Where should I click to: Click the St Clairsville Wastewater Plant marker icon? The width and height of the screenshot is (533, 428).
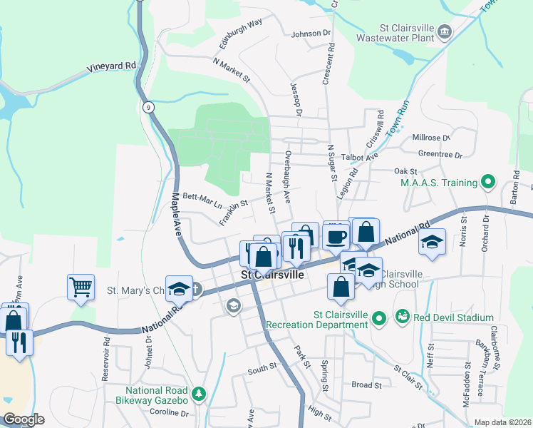click(x=445, y=31)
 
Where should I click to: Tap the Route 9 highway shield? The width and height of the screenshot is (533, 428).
click(x=148, y=107)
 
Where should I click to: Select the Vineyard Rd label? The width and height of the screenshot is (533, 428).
click(x=112, y=66)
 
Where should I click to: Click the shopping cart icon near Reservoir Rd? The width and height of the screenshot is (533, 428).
click(x=81, y=287)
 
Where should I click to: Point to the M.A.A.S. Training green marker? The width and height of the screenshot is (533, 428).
click(x=488, y=183)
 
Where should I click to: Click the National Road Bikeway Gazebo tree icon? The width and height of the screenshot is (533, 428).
click(x=199, y=393)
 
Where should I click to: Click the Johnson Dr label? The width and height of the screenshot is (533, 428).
click(x=311, y=33)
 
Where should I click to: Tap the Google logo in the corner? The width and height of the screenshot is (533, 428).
click(x=24, y=419)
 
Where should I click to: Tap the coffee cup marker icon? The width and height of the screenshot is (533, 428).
click(x=336, y=235)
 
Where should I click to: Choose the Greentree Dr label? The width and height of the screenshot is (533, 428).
click(x=440, y=154)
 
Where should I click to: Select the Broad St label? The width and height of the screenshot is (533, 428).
click(x=367, y=384)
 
